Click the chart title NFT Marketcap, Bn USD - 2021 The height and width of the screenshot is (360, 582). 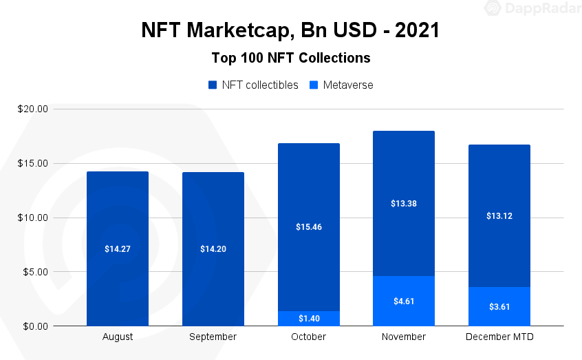[x=290, y=30]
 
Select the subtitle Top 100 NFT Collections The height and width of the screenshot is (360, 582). [x=290, y=58]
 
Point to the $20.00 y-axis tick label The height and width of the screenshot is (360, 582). [x=32, y=109]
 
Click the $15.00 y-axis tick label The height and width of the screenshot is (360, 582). [x=32, y=163]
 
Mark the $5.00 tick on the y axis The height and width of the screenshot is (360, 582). [x=34, y=272]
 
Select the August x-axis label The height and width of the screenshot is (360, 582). [x=118, y=337]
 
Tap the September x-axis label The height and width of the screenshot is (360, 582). [x=213, y=337]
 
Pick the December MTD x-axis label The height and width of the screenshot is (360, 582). [x=499, y=337]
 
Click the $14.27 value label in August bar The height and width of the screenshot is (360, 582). [x=118, y=248]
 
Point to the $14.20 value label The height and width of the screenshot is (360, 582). [x=213, y=248]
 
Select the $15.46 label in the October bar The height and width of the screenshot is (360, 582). [x=308, y=226]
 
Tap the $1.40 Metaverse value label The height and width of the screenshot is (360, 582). [x=308, y=319]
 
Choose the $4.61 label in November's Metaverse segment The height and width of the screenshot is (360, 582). [x=404, y=301]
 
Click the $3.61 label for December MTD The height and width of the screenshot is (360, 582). [x=499, y=306]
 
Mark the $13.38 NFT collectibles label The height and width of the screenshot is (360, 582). [x=404, y=203]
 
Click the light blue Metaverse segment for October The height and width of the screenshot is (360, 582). [x=289, y=319]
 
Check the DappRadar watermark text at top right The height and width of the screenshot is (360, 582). [x=539, y=8]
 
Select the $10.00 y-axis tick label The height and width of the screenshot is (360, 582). [x=32, y=218]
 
